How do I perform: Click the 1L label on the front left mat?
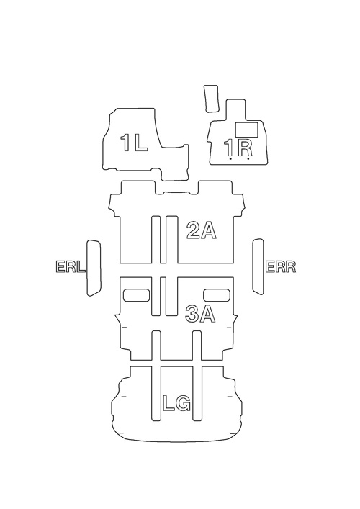(x=134, y=143)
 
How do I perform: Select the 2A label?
(x=202, y=231)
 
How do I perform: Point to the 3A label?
(x=200, y=314)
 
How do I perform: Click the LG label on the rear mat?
(x=176, y=403)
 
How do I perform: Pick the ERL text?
(x=71, y=267)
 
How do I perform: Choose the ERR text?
(x=281, y=266)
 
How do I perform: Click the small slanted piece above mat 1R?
(x=212, y=99)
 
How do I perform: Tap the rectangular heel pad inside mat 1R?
(x=246, y=129)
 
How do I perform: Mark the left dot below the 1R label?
(x=230, y=159)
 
